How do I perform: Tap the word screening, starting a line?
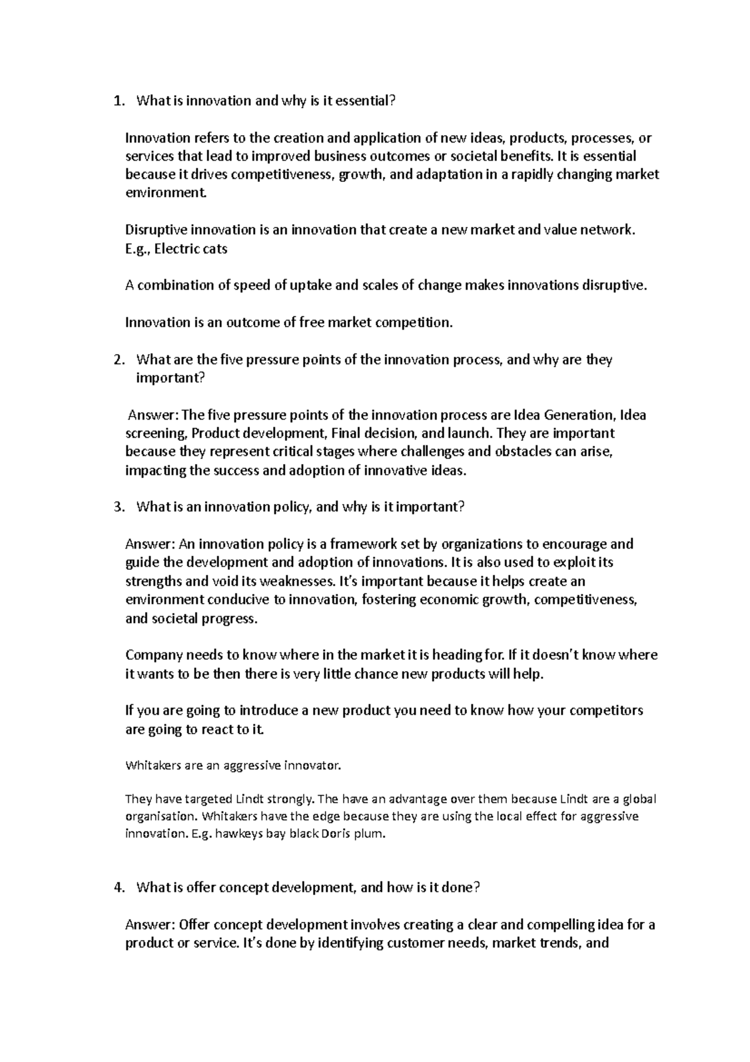156,434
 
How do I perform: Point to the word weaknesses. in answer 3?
292,582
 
